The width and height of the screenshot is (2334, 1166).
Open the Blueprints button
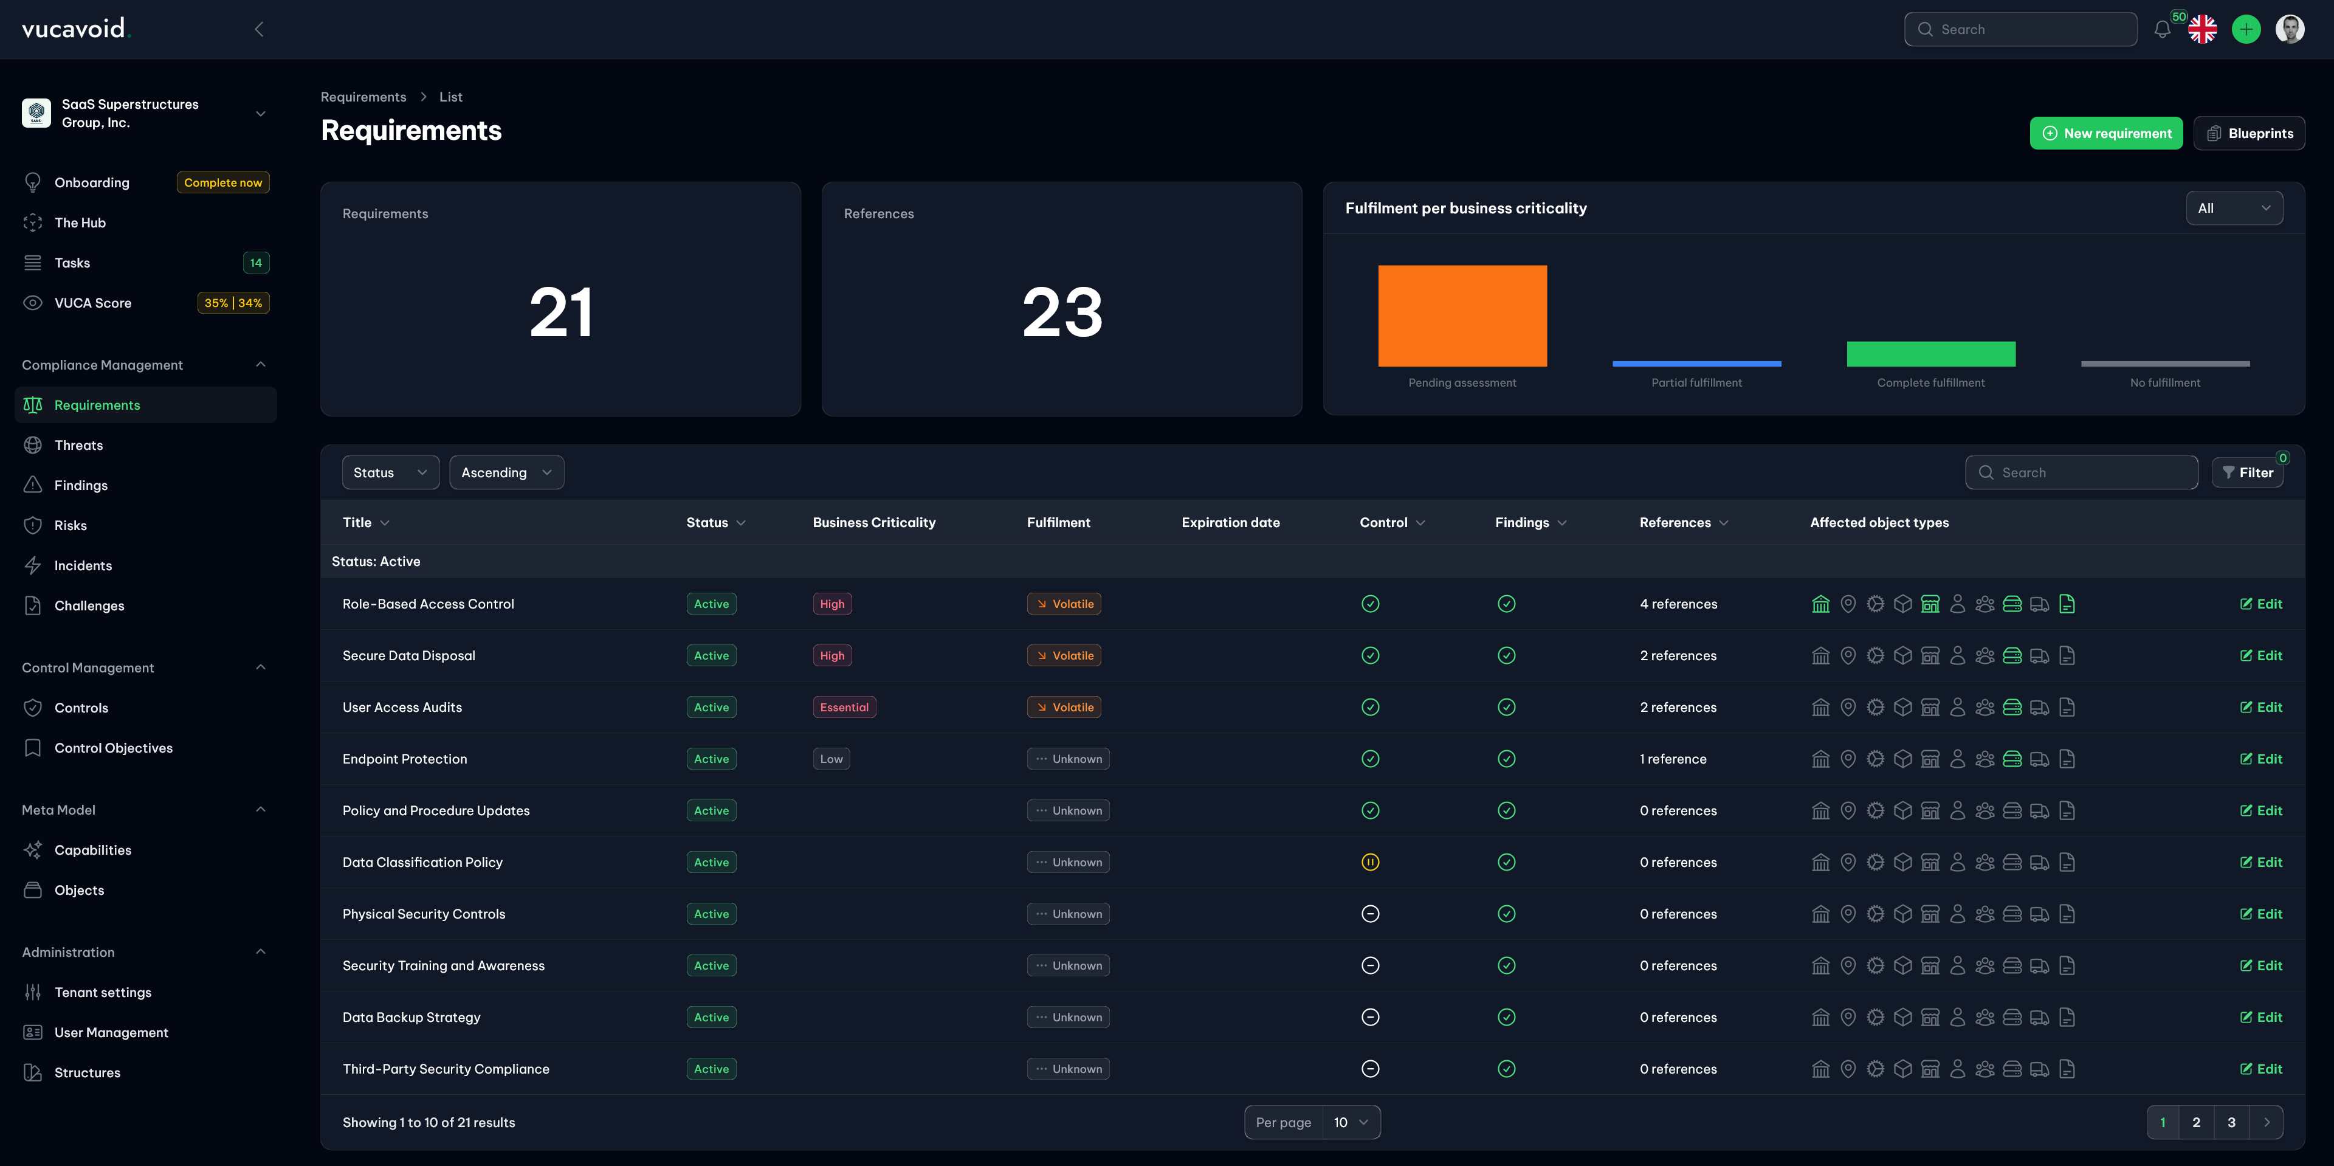[x=2249, y=133]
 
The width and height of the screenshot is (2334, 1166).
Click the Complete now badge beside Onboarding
[x=223, y=182]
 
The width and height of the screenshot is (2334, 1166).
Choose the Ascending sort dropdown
[x=506, y=472]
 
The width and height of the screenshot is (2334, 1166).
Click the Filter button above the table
[x=2247, y=472]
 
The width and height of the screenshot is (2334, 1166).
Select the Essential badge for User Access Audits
[x=844, y=706]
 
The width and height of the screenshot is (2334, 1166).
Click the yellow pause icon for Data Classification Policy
[x=1370, y=861]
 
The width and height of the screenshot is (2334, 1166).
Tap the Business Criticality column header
[x=873, y=522]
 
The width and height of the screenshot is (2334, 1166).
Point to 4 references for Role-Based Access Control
[x=1678, y=604]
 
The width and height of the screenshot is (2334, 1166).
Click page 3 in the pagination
[x=2231, y=1122]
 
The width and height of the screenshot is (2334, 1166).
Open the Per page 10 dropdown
[x=1350, y=1122]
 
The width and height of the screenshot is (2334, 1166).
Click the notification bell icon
[x=2162, y=29]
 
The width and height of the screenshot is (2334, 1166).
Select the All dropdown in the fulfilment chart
[x=2234, y=207]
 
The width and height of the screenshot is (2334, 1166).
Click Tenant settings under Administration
[x=102, y=992]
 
